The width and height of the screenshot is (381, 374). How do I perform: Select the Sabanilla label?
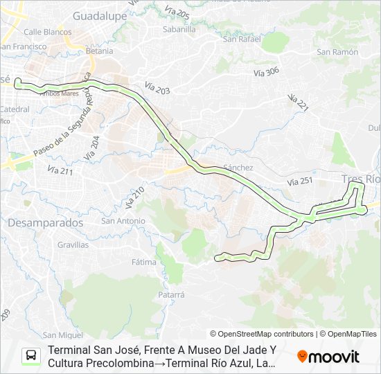point(177,29)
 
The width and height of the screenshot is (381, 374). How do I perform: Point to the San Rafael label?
point(241,38)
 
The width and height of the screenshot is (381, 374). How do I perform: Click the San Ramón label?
point(337,52)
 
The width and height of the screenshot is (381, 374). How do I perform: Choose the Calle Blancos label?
point(48,32)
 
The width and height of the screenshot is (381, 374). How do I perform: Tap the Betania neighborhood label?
point(99,51)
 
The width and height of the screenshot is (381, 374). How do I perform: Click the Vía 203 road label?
point(157,88)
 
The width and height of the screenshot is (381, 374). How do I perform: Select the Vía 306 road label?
point(266,71)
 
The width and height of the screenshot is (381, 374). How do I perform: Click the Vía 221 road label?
point(297,102)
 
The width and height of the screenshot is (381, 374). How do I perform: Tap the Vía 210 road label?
point(134,199)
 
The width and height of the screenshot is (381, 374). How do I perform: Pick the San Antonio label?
point(123,221)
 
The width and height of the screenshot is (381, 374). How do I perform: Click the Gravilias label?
point(73,244)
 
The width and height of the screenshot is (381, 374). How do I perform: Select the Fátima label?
point(144,262)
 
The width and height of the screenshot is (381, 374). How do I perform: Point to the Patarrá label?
point(171,294)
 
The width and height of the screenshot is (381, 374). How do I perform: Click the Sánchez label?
point(238,168)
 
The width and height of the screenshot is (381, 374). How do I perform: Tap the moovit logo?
point(328,357)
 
